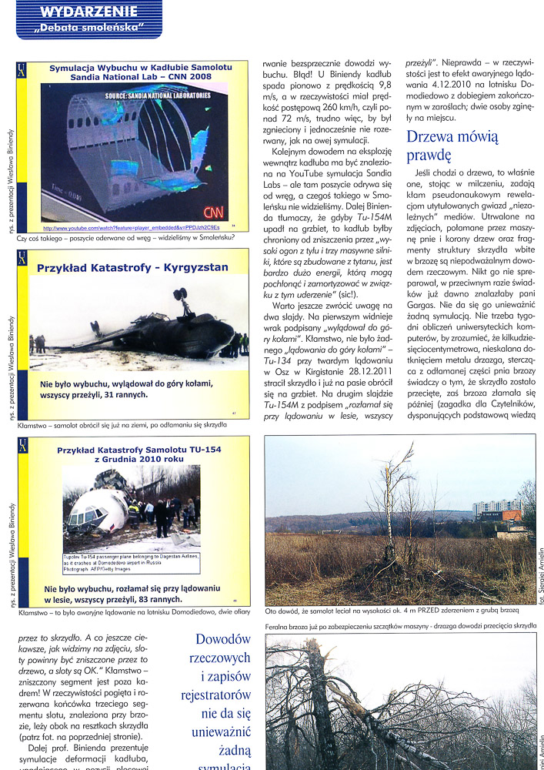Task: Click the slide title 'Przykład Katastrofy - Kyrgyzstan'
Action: [x=122, y=269]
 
